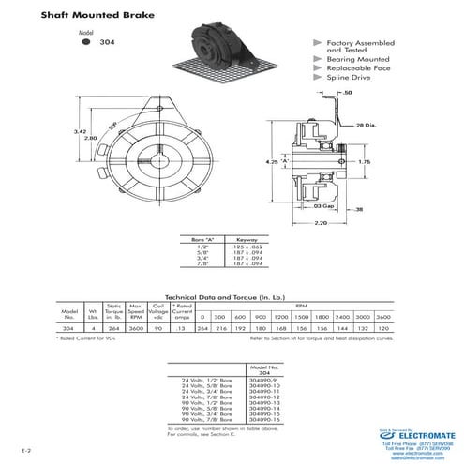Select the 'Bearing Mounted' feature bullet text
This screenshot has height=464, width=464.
pos(357,59)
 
